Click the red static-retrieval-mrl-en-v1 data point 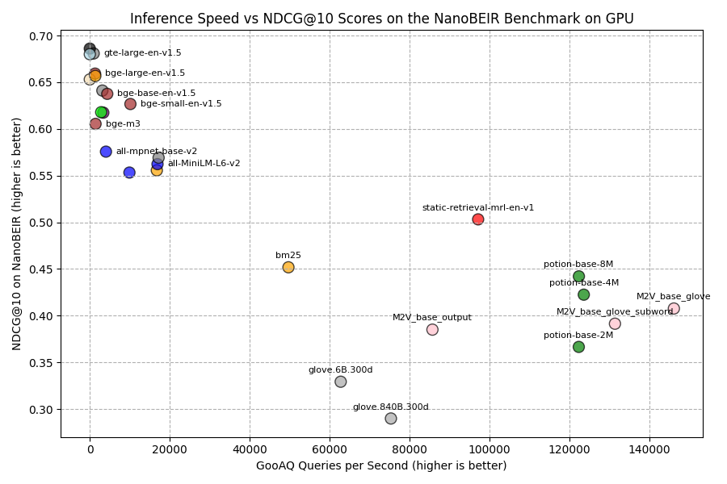click(478, 219)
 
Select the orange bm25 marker click(288, 267)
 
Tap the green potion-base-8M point click(578, 277)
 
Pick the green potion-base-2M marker click(578, 347)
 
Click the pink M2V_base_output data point click(432, 329)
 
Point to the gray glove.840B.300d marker click(391, 419)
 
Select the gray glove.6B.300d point click(341, 382)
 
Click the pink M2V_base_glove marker click(674, 309)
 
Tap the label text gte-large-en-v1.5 click(142, 53)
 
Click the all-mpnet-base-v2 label click(156, 152)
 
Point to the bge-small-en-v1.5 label click(181, 104)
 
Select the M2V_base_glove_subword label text click(615, 312)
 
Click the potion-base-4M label click(584, 283)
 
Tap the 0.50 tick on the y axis click(41, 223)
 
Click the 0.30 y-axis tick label click(41, 410)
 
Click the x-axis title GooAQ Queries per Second click(381, 466)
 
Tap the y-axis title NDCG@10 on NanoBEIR click(17, 234)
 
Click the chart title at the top click(381, 19)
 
